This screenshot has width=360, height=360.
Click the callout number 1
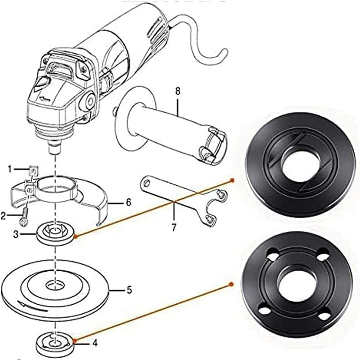(9, 169)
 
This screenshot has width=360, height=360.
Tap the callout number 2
(4, 216)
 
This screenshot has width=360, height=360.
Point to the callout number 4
(94, 343)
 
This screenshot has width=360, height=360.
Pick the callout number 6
(128, 203)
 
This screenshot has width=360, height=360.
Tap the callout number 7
(175, 227)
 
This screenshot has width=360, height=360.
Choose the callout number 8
(177, 91)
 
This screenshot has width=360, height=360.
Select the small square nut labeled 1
(32, 170)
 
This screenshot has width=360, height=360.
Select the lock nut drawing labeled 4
(55, 343)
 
